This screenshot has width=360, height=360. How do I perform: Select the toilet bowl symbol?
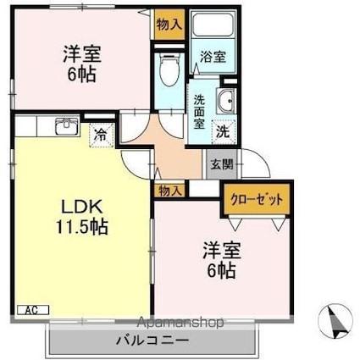[169, 69]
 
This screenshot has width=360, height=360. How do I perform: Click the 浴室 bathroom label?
[212, 58]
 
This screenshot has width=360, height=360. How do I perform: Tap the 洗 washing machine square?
[223, 131]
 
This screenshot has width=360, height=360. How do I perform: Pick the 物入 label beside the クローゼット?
[168, 191]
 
